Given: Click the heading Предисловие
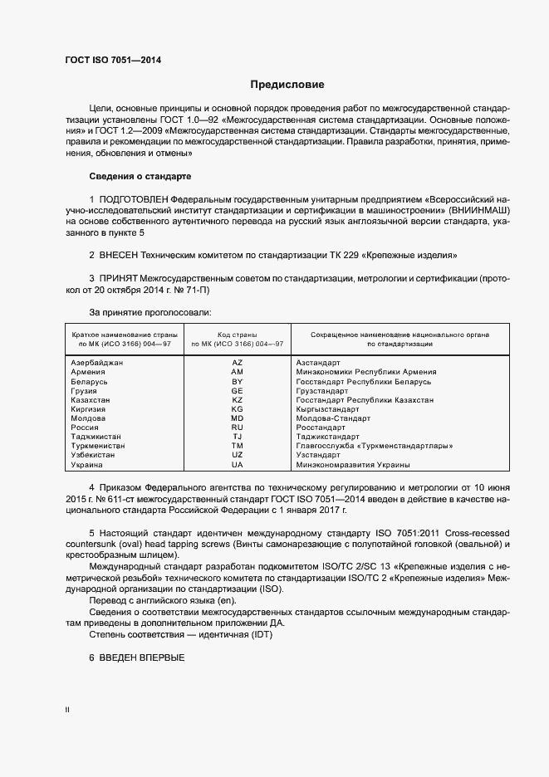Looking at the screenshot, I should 287,85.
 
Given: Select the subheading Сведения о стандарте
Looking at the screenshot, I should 140,178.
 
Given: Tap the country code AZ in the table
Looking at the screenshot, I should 237,363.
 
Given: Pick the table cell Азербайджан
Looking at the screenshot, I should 97,363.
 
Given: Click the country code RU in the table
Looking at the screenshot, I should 237,428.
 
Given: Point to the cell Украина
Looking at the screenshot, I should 87,465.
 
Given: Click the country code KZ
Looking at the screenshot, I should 237,400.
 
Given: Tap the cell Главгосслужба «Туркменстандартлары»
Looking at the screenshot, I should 374,446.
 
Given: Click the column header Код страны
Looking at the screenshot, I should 237,334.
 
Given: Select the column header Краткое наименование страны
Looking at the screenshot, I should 125,334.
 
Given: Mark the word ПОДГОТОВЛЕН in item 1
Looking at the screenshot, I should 133,200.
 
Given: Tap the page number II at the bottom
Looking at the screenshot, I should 67,711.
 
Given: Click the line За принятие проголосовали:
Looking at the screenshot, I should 140,312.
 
